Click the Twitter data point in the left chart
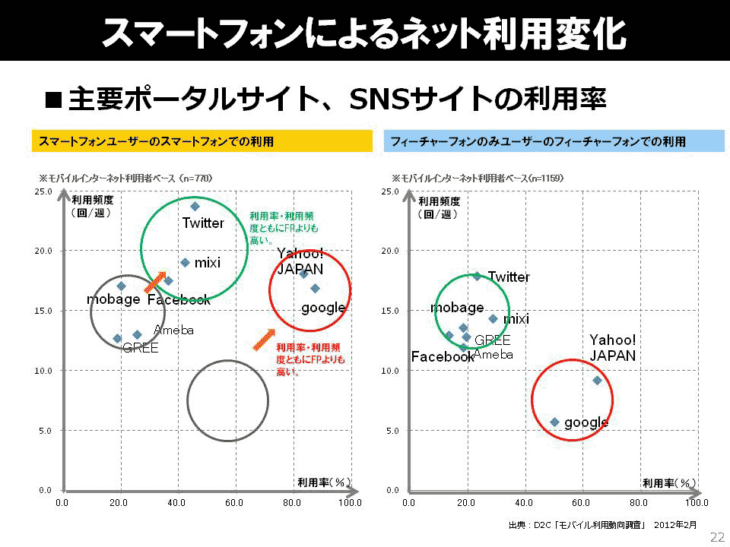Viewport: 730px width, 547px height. click(195, 206)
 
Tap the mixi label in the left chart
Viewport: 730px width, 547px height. click(208, 263)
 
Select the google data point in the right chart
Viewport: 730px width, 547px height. click(554, 422)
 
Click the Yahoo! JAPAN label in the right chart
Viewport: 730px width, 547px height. click(613, 347)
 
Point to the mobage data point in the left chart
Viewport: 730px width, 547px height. click(121, 286)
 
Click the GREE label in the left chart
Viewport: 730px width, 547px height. click(141, 348)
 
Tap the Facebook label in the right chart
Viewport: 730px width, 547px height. click(443, 356)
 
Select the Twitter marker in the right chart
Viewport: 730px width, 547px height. click(477, 276)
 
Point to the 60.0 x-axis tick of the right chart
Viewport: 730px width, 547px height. click(581, 502)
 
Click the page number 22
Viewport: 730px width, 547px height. click(717, 537)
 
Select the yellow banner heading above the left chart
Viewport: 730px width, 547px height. click(202, 141)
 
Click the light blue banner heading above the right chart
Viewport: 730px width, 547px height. click(554, 141)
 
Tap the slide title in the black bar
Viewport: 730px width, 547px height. click(365, 32)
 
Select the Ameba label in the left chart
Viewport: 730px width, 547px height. click(174, 330)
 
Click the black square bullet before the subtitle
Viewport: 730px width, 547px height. click(53, 99)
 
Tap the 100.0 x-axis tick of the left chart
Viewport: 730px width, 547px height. click(350, 502)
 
